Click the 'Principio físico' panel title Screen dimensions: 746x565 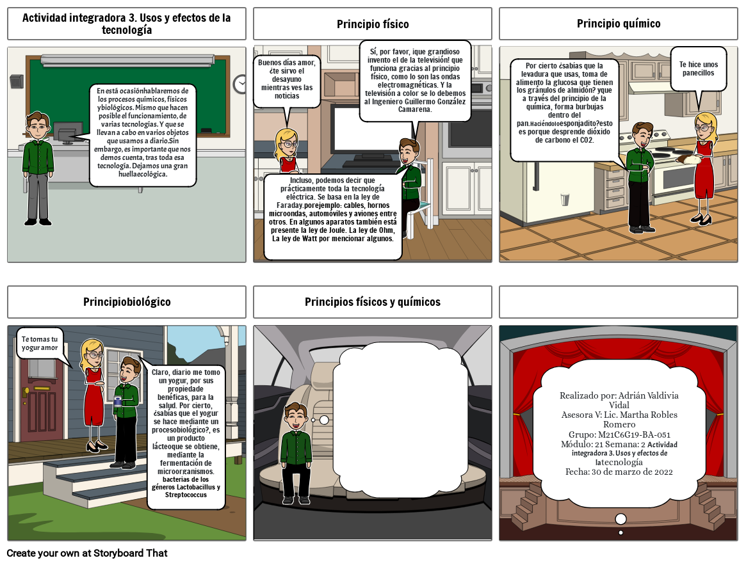373,24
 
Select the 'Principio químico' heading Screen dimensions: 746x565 619,23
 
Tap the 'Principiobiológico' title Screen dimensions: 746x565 127,301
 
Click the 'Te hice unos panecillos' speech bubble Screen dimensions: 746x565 699,69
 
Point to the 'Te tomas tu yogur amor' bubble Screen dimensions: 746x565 40,344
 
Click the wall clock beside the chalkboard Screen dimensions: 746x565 240,84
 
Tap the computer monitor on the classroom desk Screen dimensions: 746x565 68,132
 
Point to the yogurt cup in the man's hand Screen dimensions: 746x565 118,402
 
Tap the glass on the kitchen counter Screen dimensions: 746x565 565,199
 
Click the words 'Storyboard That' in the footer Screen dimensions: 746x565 131,553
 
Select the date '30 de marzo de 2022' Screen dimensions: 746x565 632,472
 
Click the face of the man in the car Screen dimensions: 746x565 296,418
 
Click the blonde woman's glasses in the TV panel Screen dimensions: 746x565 289,143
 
